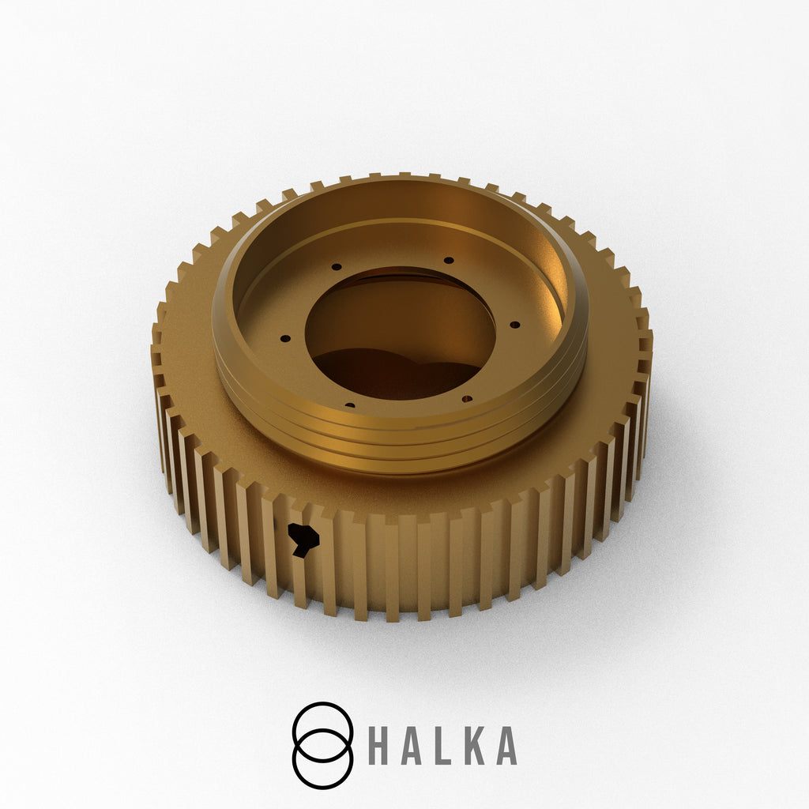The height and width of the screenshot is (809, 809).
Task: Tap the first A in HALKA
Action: (410, 746)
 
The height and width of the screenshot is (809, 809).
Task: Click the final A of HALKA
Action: (506, 746)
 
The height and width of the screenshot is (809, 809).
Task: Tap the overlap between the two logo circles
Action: (323, 746)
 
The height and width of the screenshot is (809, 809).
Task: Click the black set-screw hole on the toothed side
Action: (303, 539)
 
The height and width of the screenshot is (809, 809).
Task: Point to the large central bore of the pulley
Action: (401, 333)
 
